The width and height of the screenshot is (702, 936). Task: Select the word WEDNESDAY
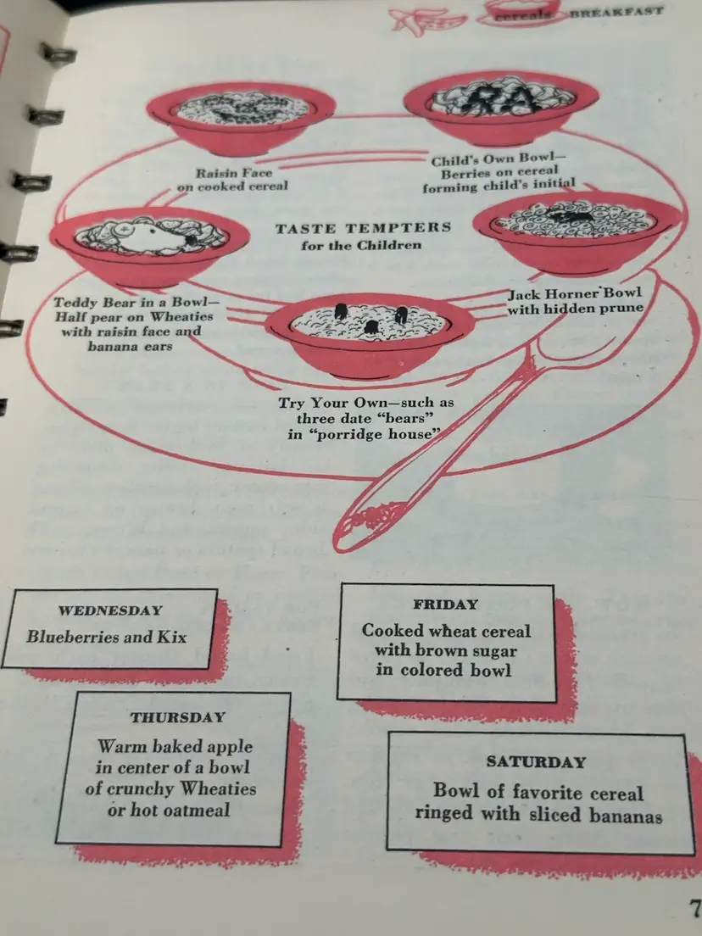[x=110, y=610]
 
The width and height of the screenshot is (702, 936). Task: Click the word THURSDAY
[x=178, y=717]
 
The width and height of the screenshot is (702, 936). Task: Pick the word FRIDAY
[x=446, y=604]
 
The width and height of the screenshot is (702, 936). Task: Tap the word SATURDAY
[x=536, y=761]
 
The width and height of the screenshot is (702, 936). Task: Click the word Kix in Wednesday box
[x=171, y=636]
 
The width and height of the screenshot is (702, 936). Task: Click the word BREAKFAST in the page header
[x=616, y=13]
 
